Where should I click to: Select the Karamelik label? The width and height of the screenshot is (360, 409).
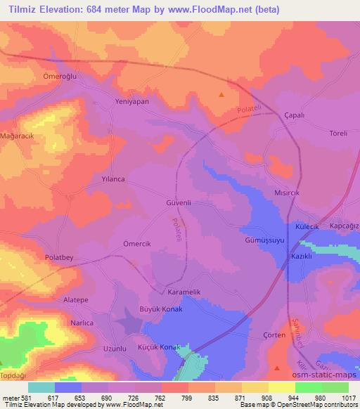[186, 292]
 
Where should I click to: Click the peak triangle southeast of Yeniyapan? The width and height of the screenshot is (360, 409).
[222, 94]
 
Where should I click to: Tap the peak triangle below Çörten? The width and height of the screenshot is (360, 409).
[278, 368]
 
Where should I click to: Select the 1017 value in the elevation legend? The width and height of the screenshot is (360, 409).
[349, 397]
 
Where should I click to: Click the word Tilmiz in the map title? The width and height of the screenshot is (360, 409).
[24, 8]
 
